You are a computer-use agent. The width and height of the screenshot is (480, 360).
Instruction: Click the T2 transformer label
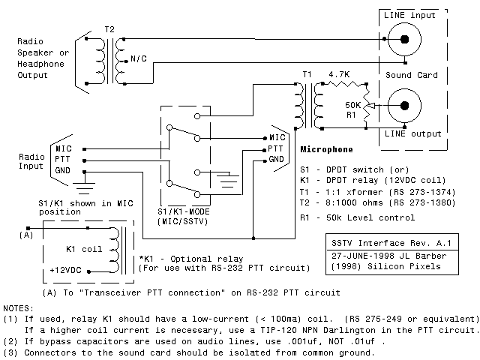110,28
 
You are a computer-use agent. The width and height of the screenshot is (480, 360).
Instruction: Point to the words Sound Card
411,75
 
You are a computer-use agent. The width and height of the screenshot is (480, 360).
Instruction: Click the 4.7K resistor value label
340,74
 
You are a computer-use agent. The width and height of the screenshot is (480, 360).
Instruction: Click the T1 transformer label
307,74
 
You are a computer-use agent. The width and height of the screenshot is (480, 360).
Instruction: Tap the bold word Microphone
326,149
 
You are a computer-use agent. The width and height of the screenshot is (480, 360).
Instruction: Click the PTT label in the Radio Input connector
64,160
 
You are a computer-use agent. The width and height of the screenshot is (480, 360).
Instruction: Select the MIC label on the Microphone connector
277,137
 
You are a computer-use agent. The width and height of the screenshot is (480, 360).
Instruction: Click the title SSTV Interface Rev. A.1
382,244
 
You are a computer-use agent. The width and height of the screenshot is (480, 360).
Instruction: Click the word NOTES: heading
18,308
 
